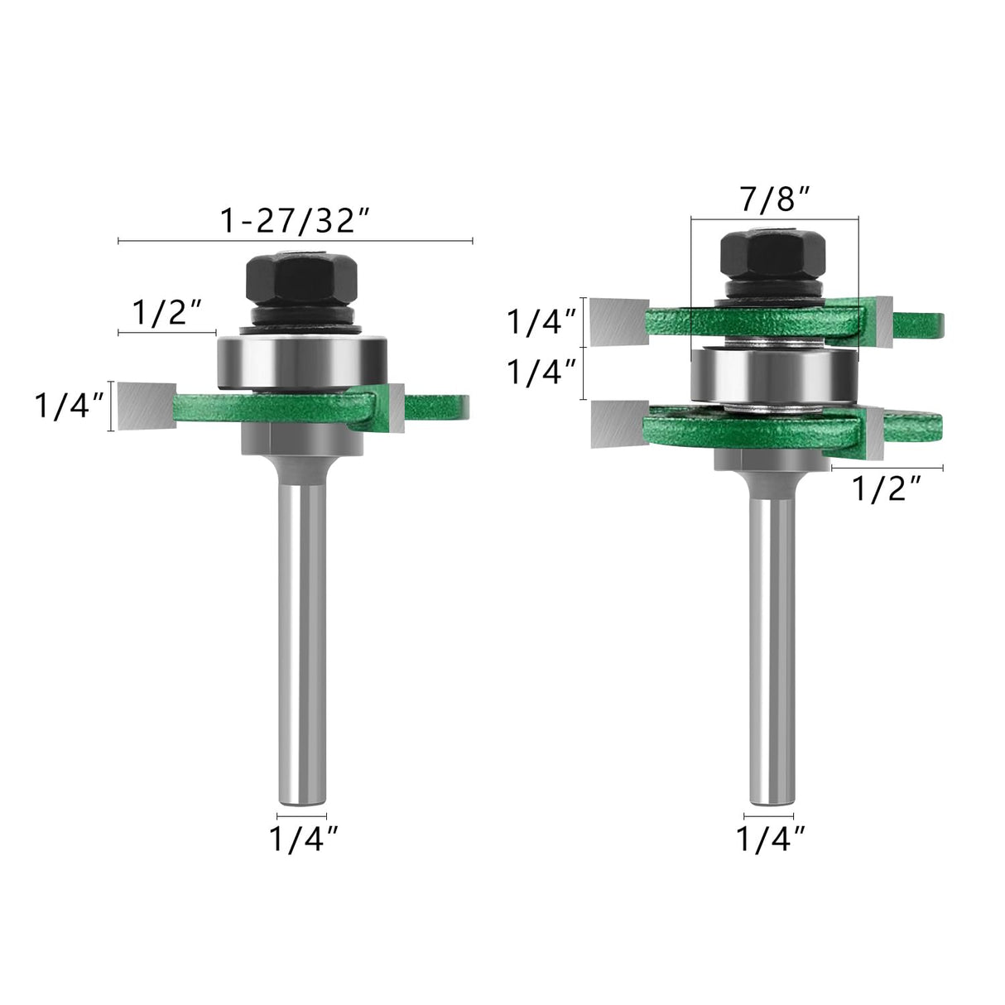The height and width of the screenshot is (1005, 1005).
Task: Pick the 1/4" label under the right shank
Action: click(770, 839)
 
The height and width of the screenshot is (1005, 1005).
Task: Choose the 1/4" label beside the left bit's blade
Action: click(70, 406)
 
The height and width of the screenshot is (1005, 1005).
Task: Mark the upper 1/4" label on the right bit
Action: click(542, 321)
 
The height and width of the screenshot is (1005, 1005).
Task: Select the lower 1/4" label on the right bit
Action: click(542, 373)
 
